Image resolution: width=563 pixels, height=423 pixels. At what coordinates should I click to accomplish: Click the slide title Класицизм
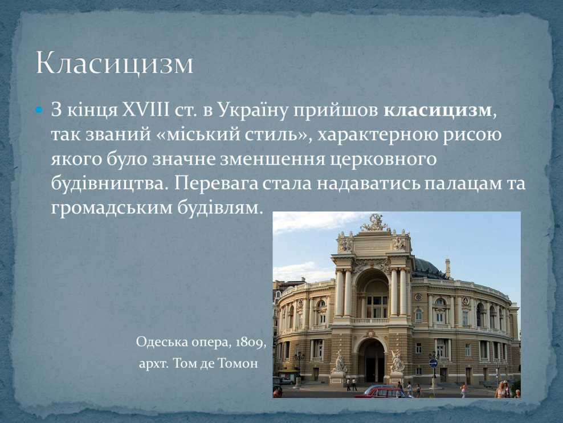[115, 63]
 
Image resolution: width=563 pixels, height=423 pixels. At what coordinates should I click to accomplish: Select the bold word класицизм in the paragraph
[437, 110]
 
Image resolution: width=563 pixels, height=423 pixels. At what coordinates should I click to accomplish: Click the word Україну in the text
[252, 110]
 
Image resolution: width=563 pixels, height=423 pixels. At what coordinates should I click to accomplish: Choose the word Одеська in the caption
[159, 343]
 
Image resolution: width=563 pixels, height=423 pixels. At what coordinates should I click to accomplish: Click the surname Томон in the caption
[238, 363]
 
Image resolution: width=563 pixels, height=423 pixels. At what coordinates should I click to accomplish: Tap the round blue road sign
[433, 363]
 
